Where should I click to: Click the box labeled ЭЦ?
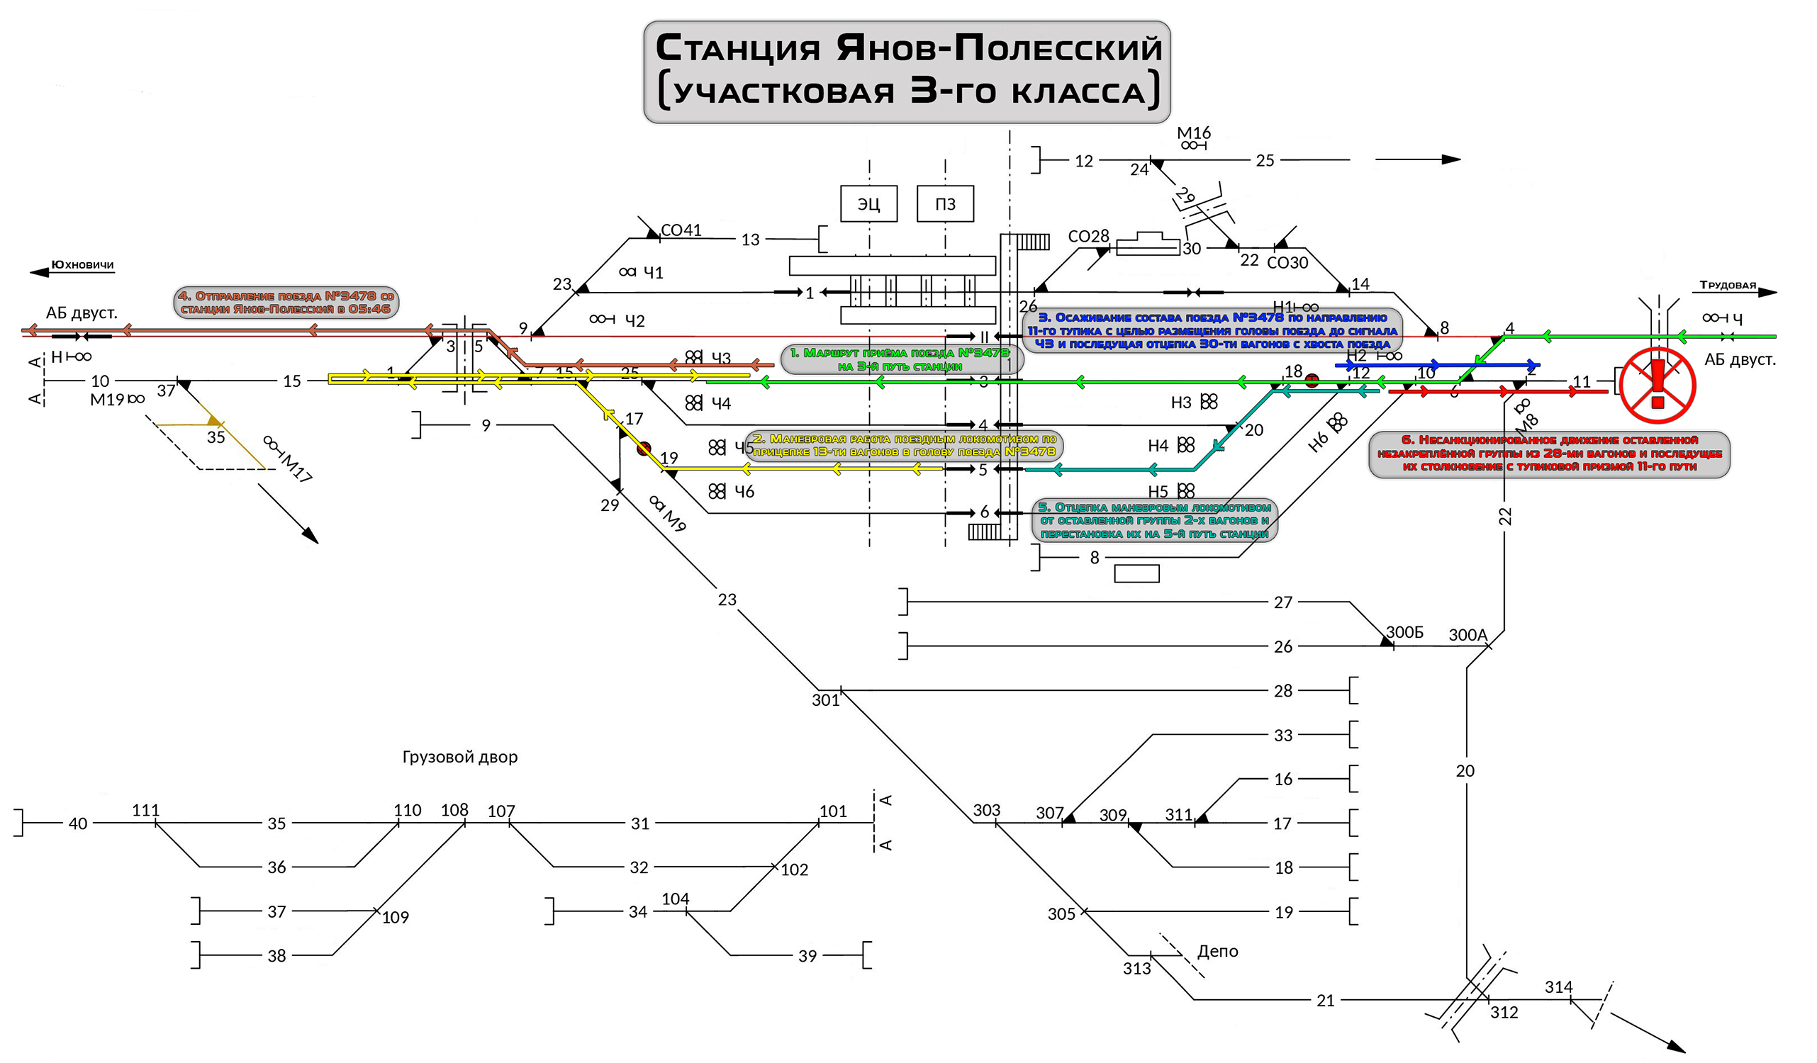click(868, 204)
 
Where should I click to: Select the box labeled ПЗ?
click(944, 204)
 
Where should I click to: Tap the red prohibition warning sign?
click(1656, 386)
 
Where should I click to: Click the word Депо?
click(1217, 950)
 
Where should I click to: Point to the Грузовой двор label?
click(459, 757)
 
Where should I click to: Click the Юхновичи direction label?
click(82, 264)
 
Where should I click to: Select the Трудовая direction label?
click(1727, 285)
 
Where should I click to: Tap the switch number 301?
click(825, 700)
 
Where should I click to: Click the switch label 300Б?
click(1404, 632)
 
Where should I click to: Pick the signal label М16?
click(1193, 133)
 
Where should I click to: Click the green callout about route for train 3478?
click(901, 359)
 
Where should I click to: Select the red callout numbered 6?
click(1548, 454)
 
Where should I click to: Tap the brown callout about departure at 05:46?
click(286, 302)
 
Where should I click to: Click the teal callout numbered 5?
click(1153, 520)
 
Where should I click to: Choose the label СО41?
click(681, 230)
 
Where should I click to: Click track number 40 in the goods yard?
click(78, 823)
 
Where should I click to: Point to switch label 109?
click(395, 917)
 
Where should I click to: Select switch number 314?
click(1558, 986)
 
